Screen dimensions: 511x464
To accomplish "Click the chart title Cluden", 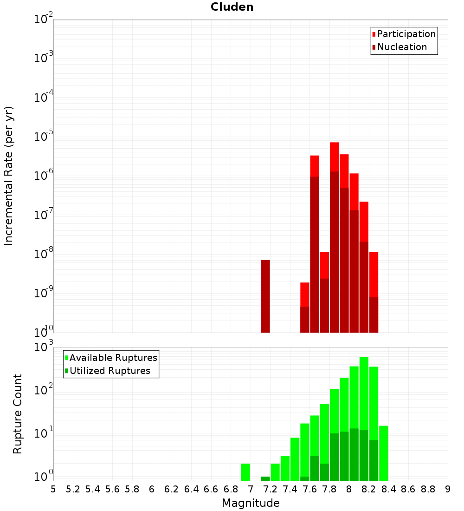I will click(232, 7).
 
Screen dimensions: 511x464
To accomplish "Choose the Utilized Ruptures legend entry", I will click(110, 371).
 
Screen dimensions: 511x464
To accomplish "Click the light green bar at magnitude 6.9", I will click(245, 472).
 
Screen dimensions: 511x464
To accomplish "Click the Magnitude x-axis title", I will click(251, 503).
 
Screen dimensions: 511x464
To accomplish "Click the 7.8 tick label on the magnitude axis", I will click(329, 489).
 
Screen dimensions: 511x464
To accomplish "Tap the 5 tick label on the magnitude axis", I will click(53, 489).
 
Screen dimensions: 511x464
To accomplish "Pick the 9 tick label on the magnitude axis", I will click(447, 489).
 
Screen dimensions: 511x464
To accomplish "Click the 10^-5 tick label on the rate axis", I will click(43, 137).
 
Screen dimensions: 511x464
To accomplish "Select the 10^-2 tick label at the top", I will click(43, 20).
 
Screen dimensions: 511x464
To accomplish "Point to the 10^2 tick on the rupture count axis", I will click(43, 390).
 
